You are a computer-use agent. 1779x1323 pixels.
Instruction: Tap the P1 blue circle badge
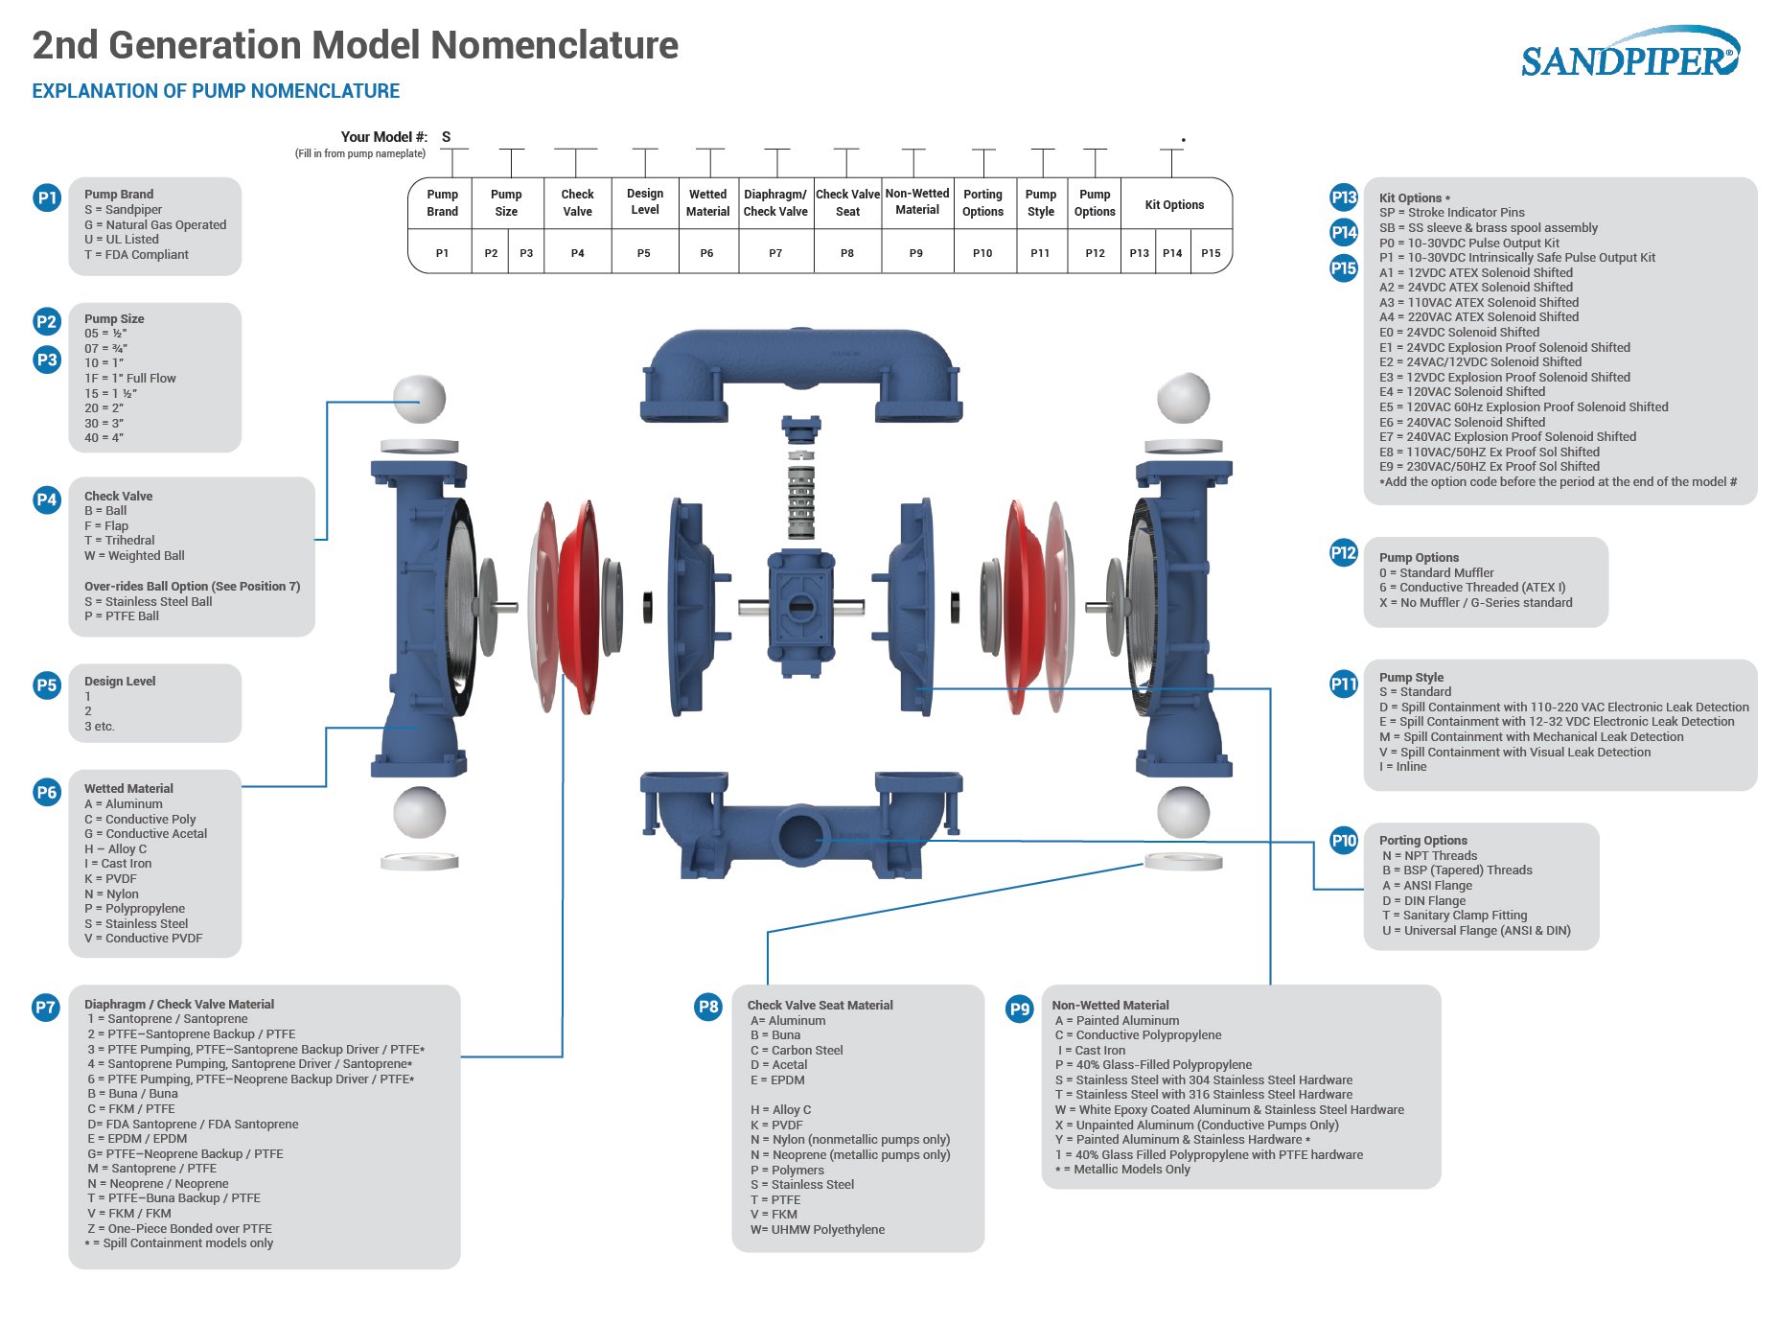47,197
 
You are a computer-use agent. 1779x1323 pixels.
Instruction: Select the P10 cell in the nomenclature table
982,253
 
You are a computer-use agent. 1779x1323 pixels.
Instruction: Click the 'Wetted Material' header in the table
707,202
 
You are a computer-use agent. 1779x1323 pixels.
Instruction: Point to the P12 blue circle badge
1344,552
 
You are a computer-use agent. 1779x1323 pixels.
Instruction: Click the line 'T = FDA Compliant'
136,255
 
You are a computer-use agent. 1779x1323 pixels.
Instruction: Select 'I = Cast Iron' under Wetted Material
118,864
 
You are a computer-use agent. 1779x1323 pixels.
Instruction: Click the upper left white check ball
419,398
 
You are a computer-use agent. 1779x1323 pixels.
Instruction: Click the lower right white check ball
1183,811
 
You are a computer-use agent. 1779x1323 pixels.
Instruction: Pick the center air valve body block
799,605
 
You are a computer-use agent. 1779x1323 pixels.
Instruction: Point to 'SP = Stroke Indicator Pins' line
1451,213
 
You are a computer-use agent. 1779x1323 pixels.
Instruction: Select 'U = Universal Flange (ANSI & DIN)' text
1476,931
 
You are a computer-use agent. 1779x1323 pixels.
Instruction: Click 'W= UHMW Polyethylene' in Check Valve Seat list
818,1230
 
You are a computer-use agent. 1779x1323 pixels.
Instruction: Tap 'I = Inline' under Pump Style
1403,767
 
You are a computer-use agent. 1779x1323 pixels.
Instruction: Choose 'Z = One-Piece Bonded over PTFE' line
180,1229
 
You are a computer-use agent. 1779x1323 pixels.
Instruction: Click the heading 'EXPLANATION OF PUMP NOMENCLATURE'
216,91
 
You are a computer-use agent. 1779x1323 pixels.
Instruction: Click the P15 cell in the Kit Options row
1211,253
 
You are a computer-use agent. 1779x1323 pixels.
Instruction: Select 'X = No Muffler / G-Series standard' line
1476,603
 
